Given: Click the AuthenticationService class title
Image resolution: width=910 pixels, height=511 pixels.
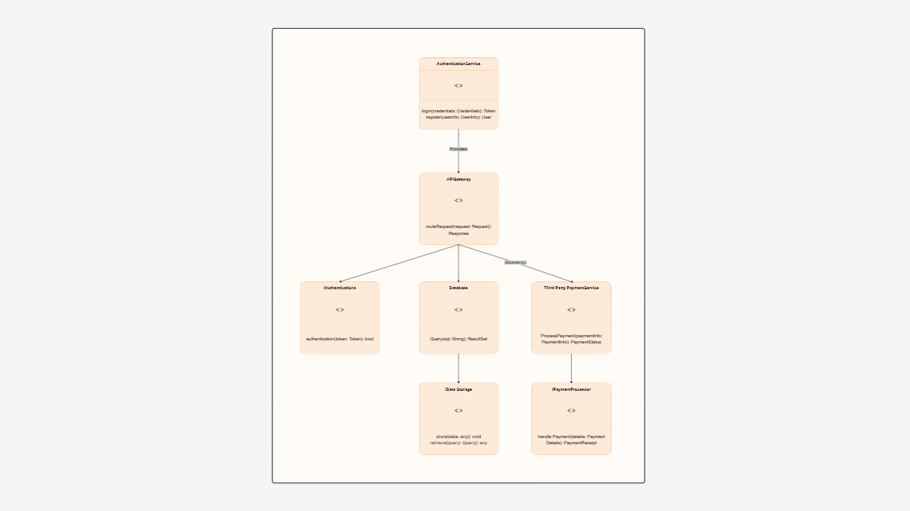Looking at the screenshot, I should click(458, 64).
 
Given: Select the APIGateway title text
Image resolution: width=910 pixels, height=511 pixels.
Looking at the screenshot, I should click(458, 179).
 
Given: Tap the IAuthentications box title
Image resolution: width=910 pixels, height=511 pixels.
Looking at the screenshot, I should click(340, 288).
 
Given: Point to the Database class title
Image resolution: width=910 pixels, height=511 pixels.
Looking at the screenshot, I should click(458, 288).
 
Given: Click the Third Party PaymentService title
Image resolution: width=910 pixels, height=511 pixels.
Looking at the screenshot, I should click(571, 288).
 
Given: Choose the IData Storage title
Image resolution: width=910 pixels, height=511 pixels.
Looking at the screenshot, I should click(458, 389).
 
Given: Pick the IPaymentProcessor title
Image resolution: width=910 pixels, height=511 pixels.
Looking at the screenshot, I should click(571, 389).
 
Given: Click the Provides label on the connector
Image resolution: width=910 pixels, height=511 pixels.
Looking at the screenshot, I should click(458, 148).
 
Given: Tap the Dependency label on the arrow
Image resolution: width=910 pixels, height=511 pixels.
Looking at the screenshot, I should click(515, 263).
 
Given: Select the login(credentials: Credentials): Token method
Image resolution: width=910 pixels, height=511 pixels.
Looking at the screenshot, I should click(458, 111).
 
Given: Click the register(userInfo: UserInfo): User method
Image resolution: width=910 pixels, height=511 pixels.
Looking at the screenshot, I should click(458, 117).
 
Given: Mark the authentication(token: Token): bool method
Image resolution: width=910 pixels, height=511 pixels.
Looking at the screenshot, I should click(340, 339).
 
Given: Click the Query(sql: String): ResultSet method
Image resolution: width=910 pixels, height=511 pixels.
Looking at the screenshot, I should click(458, 339).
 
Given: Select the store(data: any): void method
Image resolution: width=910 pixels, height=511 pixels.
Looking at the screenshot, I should click(458, 437).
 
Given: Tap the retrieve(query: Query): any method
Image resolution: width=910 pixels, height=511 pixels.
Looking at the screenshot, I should click(458, 443).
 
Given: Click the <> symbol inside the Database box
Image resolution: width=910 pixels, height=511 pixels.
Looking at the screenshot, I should click(458, 310).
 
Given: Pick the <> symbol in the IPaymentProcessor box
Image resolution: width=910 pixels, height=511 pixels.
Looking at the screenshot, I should click(571, 411).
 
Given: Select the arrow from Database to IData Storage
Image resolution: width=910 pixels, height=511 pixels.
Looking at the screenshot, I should click(458, 368).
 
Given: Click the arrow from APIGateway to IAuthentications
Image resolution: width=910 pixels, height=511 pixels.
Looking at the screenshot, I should click(400, 263).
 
